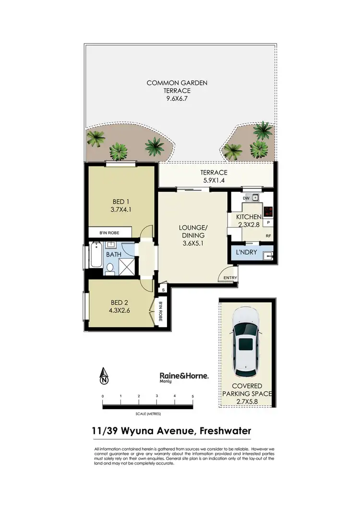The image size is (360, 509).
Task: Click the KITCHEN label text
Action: coord(248,217)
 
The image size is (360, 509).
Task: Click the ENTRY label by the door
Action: coord(230,278)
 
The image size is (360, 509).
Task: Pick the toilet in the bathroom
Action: coord(110,269)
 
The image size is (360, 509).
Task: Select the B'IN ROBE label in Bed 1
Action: coord(109,233)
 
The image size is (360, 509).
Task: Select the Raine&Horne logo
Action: coord(183,378)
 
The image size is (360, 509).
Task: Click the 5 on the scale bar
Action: coord(192,396)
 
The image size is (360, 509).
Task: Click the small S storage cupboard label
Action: coord(163,290)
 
